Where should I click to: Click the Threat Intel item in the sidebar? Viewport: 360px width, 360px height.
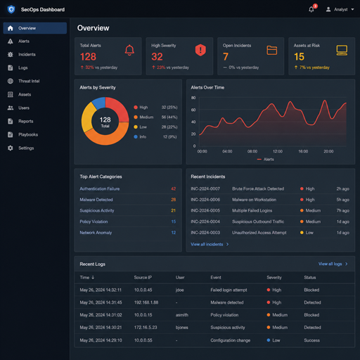click(23, 81)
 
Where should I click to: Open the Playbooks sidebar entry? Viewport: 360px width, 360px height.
click(22, 134)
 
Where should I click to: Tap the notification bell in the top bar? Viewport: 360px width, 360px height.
click(311, 9)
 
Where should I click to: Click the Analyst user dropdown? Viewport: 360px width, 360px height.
click(340, 9)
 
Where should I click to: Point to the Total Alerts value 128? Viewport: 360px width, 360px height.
click(88, 57)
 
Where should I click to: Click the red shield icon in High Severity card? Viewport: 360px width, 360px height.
click(200, 50)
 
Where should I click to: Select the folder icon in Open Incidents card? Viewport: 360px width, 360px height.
click(272, 50)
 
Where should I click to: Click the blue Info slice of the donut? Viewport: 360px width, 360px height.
click(98, 103)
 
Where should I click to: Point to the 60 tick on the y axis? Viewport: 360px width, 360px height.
click(193, 110)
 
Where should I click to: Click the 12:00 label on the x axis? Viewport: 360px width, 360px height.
click(278, 151)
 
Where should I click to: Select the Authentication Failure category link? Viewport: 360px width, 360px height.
click(100, 188)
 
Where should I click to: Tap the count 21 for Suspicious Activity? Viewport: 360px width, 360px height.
click(173, 210)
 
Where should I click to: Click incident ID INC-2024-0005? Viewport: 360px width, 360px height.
click(205, 210)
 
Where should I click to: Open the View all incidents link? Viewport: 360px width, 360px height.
click(210, 244)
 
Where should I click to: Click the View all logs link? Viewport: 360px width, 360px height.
click(333, 264)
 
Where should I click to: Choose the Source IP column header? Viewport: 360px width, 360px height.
click(143, 278)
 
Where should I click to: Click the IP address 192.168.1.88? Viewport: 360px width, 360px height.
click(146, 302)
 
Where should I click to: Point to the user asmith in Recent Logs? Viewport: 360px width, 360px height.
click(182, 315)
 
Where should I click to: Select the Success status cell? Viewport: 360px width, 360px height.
click(311, 340)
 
